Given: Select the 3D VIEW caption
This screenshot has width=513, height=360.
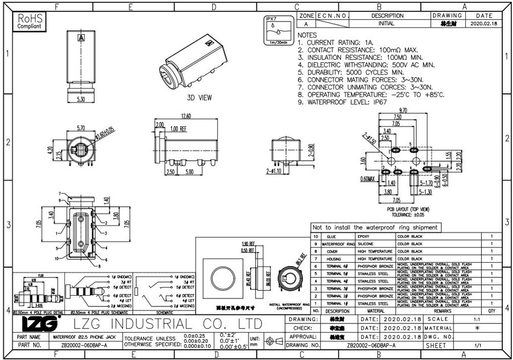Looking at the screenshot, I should tap(199, 97).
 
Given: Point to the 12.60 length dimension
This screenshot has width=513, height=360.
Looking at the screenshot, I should tap(185, 116).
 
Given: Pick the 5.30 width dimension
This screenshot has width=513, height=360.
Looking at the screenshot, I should tap(81, 99).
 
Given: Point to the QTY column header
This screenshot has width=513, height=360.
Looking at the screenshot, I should tap(491, 311).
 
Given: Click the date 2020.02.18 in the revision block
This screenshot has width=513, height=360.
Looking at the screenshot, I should tap(484, 24).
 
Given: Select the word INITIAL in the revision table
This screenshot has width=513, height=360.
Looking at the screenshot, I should tap(386, 24).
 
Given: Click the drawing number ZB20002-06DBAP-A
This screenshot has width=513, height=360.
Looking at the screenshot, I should tap(371, 345).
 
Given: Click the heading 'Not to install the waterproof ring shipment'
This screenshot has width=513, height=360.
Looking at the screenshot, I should tap(376, 227).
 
